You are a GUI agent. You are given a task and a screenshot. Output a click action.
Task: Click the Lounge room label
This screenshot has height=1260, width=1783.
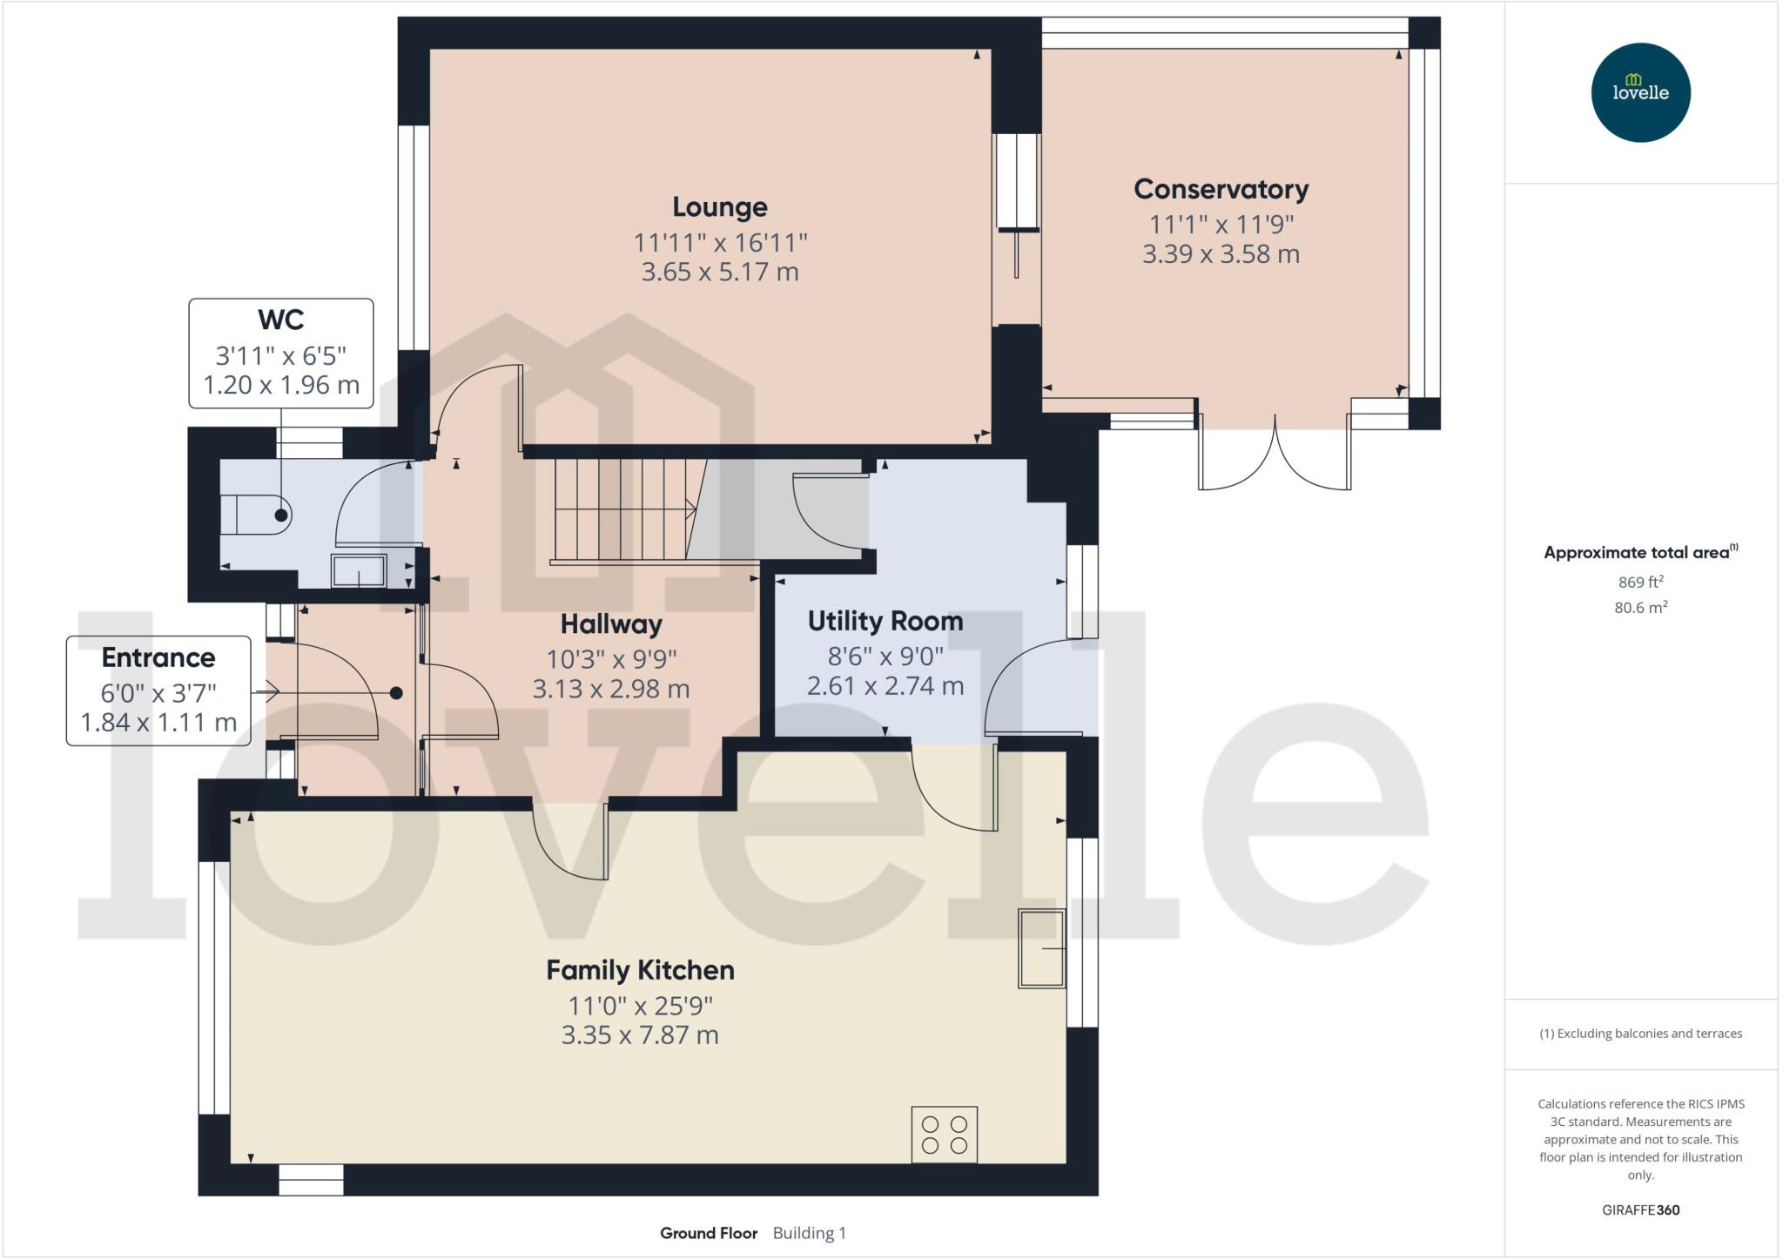719,207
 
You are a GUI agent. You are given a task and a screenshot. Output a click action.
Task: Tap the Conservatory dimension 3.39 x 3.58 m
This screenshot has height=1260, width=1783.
1221,254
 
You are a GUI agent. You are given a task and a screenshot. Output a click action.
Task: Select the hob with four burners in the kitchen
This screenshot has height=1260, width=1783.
944,1134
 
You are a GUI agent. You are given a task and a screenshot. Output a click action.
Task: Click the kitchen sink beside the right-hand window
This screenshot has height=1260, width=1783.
1041,948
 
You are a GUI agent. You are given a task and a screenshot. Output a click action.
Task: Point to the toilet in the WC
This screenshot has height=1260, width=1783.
256,515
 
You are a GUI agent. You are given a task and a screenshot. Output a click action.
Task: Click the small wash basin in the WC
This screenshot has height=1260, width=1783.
358,571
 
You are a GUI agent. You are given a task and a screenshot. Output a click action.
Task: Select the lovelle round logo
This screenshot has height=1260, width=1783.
1640,92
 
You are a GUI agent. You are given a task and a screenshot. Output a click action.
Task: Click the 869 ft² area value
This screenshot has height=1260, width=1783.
1640,582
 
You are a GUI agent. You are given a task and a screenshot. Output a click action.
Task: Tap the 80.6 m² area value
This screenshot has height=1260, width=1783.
1640,608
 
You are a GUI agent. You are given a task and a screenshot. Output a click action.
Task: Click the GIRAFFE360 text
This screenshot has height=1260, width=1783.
1640,1209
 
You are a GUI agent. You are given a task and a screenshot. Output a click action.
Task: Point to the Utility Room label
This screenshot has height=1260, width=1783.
885,621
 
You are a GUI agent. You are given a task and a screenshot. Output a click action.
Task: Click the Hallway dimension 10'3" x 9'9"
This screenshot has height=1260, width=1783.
610,659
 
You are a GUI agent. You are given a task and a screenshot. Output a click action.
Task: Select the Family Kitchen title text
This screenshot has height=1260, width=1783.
640,970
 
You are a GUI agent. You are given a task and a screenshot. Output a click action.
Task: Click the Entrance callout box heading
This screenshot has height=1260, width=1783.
158,657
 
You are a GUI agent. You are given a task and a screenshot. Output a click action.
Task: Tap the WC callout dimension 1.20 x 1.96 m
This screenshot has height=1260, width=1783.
280,385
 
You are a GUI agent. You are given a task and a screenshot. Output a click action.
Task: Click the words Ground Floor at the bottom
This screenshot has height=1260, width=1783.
708,1233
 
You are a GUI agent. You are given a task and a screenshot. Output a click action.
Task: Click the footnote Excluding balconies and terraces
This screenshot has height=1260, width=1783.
1640,1034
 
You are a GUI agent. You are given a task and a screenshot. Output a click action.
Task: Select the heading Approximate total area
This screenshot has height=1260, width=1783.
1636,552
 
